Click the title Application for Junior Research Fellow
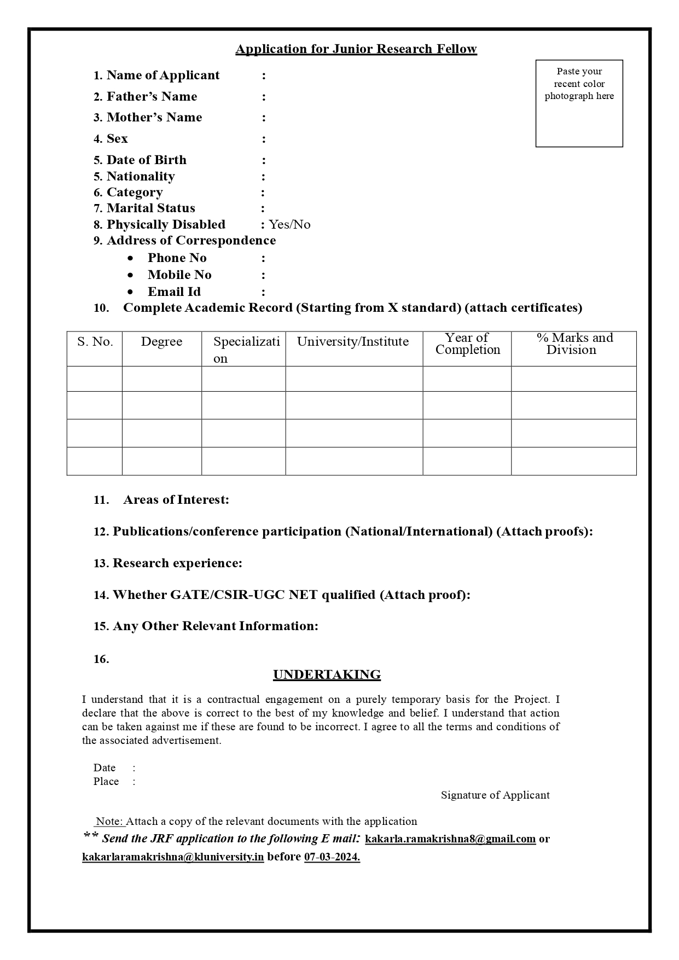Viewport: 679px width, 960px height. click(356, 49)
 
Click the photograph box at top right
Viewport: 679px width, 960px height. click(579, 103)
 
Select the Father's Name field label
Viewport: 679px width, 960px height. click(152, 97)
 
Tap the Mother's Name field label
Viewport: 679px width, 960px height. click(154, 118)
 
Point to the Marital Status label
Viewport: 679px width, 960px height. click(150, 208)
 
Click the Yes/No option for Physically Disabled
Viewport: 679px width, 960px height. click(289, 225)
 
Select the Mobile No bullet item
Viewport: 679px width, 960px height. click(179, 275)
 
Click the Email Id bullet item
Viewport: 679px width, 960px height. click(174, 292)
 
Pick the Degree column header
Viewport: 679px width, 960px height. click(161, 342)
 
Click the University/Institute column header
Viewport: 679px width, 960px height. click(353, 342)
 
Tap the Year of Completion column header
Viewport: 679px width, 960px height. click(467, 344)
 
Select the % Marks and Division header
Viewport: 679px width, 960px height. click(573, 344)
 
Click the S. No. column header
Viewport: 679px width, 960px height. click(95, 342)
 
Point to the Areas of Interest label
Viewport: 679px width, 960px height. click(176, 499)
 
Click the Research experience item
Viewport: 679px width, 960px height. click(177, 563)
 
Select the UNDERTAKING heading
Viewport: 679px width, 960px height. click(327, 674)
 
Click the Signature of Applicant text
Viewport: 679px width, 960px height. click(495, 795)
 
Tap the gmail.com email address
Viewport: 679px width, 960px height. click(450, 839)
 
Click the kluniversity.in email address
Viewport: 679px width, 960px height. click(173, 857)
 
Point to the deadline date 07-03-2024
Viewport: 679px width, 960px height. click(332, 857)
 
